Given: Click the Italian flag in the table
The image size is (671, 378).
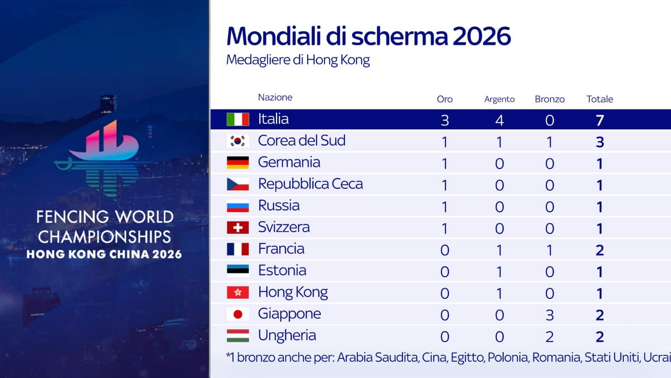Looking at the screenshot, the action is tap(237, 119).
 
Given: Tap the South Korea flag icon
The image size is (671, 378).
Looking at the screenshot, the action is tap(237, 141).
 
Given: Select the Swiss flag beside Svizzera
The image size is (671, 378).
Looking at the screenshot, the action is tap(237, 228).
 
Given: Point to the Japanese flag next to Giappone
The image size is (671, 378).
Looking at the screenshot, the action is tap(237, 314).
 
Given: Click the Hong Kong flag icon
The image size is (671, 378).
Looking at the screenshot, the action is tap(237, 292).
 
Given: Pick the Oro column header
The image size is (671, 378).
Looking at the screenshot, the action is tap(445, 99).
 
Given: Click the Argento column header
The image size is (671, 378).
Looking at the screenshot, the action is tap(499, 99).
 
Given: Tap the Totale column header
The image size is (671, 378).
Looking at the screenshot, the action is tap(600, 99).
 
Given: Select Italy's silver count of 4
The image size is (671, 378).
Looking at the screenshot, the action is tap(499, 120).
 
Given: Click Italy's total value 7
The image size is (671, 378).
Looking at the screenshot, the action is tap(600, 120).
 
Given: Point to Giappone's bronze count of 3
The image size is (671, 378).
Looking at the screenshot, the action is tap(550, 315).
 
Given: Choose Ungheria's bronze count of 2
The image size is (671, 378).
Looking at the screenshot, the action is tap(550, 336).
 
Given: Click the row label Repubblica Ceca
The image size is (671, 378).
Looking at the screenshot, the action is tap(310, 184).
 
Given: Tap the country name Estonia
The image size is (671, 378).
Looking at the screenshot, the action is tap(282, 270).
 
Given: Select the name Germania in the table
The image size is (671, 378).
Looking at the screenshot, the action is tap(289, 162).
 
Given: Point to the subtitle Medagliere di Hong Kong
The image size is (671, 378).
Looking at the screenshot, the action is tap(298, 60).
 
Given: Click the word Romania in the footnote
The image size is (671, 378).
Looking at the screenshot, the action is tap(556, 357).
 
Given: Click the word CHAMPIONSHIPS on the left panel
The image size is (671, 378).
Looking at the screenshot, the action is tap(104, 237).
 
